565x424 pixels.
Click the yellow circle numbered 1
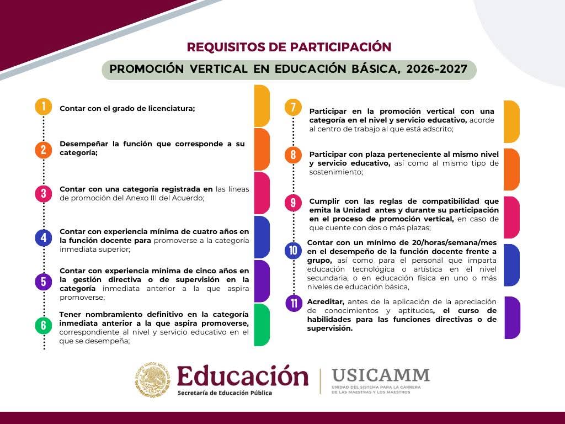44,107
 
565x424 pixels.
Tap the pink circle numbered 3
44,194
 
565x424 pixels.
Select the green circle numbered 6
44,325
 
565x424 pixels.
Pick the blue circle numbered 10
294,250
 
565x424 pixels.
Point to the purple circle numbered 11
294,303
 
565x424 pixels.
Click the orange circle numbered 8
294,155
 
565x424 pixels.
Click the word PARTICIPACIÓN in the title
340,47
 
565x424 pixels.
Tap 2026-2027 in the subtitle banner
437,69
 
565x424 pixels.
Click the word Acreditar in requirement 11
326,302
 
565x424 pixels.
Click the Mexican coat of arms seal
153,380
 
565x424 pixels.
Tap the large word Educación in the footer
243,375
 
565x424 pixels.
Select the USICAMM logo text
381,375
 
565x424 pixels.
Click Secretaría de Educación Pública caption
225,393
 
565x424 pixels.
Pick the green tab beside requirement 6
262,325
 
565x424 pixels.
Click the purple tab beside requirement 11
512,317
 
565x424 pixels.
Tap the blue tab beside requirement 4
262,237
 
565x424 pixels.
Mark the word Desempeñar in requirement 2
84,144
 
